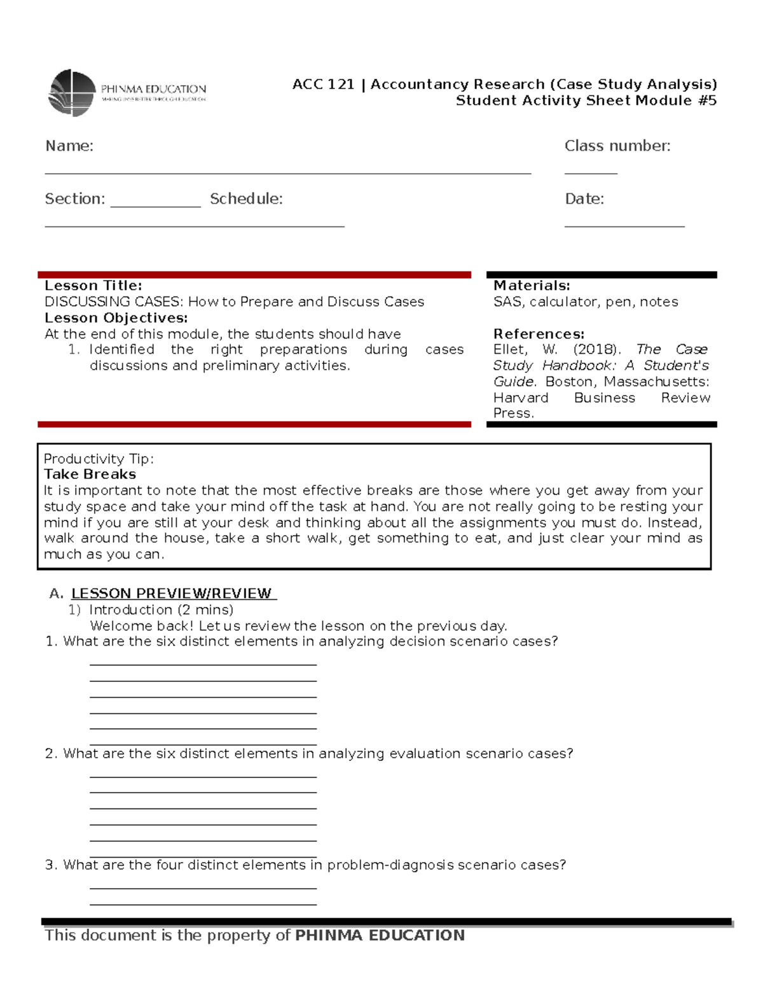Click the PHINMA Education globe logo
pos(72,93)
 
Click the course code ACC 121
pos(322,85)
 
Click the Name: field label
pos(69,146)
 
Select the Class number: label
pos(617,146)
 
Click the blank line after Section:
pos(155,205)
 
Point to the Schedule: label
pos(246,199)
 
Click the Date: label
pos(584,199)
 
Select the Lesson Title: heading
pos(93,286)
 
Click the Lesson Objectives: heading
pos(116,318)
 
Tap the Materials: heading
pos(531,286)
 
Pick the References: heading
pos(538,334)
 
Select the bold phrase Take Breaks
pos(90,475)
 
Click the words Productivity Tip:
pos(99,459)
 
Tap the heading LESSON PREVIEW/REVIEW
pos(171,594)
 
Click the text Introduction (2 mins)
pos(161,609)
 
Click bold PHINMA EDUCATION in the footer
pos(380,935)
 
